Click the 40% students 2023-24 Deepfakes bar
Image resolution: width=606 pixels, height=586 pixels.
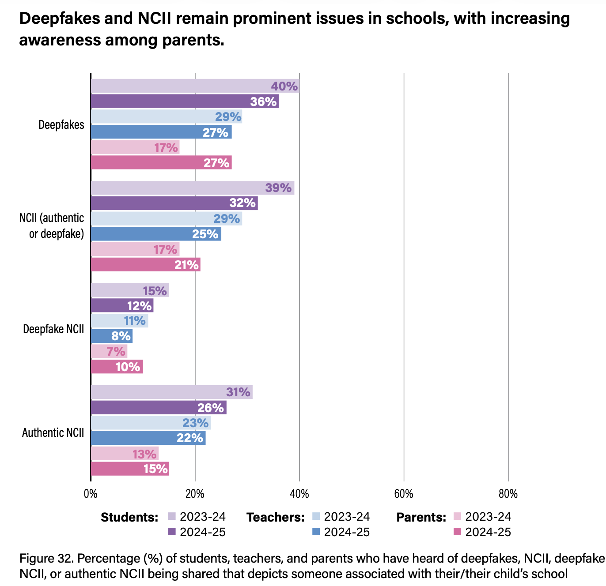[194, 86]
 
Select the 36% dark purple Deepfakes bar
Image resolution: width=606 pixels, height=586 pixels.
[184, 101]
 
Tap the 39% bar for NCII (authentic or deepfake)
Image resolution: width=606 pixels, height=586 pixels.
[192, 188]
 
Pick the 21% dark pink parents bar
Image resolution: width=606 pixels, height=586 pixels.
[145, 265]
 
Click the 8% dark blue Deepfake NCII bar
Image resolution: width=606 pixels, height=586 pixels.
[111, 336]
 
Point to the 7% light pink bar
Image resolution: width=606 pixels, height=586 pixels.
[109, 352]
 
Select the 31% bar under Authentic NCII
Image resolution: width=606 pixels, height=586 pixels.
[171, 392]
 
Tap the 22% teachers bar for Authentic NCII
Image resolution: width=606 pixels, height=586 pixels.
[148, 438]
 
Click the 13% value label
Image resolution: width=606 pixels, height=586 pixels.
[144, 454]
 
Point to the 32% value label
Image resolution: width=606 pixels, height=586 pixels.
[242, 203]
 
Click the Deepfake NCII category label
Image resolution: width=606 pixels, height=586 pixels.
[53, 329]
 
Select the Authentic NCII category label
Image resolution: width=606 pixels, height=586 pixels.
[53, 432]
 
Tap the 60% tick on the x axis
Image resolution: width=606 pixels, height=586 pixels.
[403, 494]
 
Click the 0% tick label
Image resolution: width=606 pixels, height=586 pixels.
[91, 494]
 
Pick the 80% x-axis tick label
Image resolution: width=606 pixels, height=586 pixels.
[508, 494]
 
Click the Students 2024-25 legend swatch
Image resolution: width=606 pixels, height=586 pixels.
[172, 532]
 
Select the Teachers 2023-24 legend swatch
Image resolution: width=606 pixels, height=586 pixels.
[316, 517]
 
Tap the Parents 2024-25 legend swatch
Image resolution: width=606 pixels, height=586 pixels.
[457, 532]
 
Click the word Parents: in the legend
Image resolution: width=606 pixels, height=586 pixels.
[421, 518]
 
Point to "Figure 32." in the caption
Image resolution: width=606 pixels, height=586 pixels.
[46, 559]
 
